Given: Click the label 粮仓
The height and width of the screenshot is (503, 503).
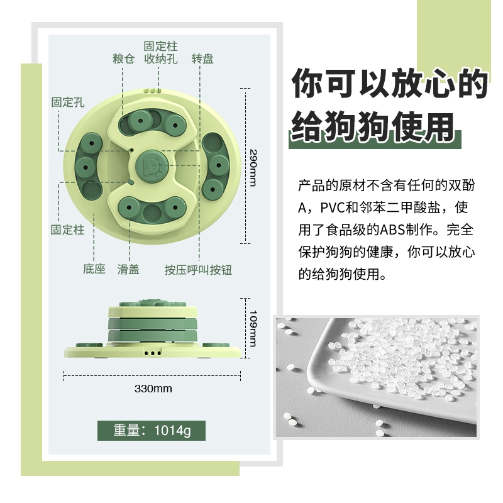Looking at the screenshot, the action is coord(123,58).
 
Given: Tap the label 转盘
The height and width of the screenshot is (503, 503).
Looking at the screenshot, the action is coord(202,58).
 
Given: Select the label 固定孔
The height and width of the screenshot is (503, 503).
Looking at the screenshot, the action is coord(68,102).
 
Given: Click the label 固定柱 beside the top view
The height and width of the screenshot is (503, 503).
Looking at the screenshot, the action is coord(68,229).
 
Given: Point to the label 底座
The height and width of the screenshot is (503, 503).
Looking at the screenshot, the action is coord(94,269).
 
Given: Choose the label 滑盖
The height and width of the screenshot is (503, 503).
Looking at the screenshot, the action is coord(128,270).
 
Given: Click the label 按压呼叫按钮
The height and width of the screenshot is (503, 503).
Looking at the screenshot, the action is coord(198,270).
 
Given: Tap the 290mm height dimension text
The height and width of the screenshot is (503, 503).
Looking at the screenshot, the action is coord(253,167).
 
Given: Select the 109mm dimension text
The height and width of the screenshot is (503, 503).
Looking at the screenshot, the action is coord(253,328).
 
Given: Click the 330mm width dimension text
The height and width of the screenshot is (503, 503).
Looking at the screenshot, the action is coord(153,389).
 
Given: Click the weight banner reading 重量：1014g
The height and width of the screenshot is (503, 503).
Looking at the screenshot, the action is coord(152,431).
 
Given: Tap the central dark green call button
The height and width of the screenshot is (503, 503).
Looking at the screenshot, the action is coord(152,167).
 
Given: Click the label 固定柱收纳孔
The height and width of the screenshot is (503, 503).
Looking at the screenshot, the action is coord(161,53).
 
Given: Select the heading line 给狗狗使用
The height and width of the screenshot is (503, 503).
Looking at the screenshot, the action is coord(373,127).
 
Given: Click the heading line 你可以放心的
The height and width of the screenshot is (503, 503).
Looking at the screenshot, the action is coord(390,83).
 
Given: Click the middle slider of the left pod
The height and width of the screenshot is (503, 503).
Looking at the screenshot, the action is coord(86,167).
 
